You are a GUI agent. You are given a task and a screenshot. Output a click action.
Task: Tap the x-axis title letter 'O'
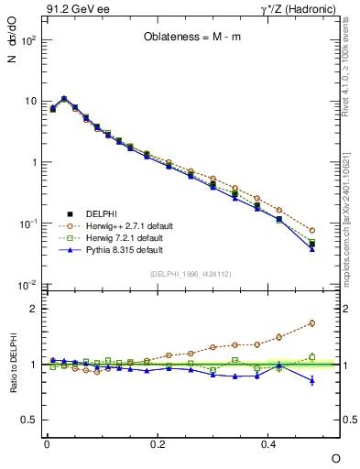click(x=335, y=457)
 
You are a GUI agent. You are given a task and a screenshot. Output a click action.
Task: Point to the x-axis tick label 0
click(x=47, y=444)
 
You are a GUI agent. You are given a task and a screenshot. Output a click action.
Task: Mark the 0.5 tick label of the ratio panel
click(x=27, y=420)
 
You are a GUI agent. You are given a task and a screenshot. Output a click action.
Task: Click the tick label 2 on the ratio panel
click(x=31, y=309)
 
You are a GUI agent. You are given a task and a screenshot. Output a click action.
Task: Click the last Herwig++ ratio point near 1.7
click(x=312, y=323)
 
